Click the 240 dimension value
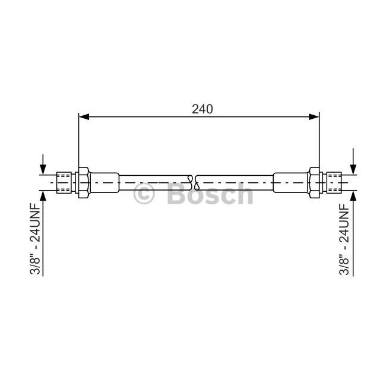click(203, 109)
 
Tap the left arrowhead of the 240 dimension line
click(84, 117)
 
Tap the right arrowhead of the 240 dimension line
click(314, 117)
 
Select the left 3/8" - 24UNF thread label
click(34, 238)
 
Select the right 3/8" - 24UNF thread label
click(344, 238)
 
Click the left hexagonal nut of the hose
click(83, 183)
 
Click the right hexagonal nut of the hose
click(314, 183)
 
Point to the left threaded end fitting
click(64, 183)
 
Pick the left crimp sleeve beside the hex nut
click(104, 183)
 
